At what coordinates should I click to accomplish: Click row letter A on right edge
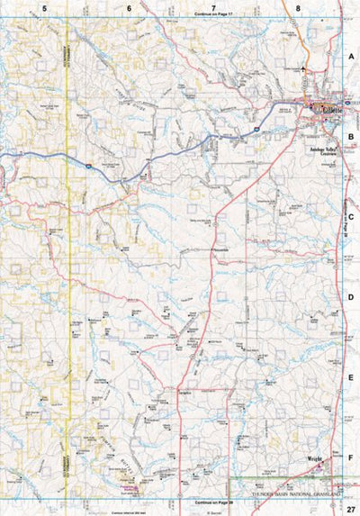(x=352, y=55)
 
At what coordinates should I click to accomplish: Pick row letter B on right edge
(x=352, y=138)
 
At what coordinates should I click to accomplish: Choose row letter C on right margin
(x=352, y=216)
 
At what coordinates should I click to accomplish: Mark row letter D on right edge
(x=352, y=296)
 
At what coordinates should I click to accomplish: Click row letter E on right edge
(x=352, y=377)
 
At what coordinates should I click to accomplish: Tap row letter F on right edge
(x=352, y=457)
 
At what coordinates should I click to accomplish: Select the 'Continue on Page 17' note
(x=213, y=15)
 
